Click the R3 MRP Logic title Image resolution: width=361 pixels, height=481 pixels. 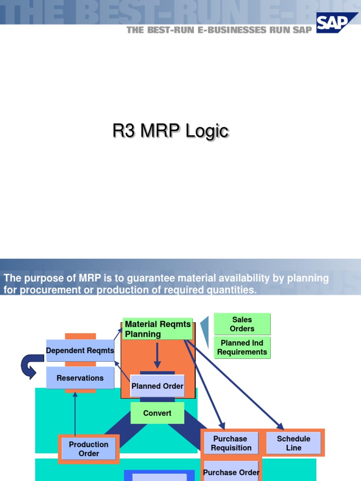[x=171, y=131]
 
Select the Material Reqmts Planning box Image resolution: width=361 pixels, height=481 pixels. [x=157, y=329]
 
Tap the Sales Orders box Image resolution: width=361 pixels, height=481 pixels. [x=242, y=324]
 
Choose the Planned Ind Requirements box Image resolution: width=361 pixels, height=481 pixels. [x=242, y=348]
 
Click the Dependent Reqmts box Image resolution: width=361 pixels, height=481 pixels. [x=80, y=350]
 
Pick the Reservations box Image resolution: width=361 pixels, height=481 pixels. [x=80, y=378]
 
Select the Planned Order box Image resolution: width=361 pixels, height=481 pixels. [x=157, y=386]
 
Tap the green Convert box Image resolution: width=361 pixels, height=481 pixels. [x=157, y=413]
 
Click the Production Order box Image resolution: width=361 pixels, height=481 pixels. [x=88, y=449]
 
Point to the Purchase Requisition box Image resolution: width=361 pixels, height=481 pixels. [x=231, y=443]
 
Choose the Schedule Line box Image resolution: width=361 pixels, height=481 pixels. [x=293, y=443]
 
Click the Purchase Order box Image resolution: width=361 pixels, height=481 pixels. [x=231, y=472]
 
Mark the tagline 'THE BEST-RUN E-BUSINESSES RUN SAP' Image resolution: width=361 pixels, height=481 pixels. [x=219, y=30]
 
